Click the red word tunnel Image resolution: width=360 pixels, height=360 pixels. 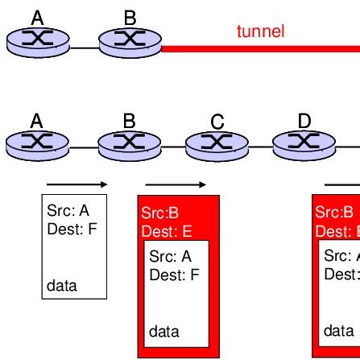click(260, 32)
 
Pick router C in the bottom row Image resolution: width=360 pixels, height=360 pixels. click(217, 145)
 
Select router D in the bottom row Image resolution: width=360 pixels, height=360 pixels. click(304, 144)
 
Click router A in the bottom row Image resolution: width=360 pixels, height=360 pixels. click(38, 144)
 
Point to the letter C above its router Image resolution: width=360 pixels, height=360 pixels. click(217, 122)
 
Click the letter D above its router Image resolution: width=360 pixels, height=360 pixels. click(304, 122)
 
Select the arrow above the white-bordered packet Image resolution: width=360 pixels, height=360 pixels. click(77, 184)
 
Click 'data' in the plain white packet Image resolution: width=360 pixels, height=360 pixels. click(62, 285)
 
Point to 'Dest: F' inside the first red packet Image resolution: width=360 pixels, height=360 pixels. click(173, 275)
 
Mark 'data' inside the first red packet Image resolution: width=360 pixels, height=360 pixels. click(165, 331)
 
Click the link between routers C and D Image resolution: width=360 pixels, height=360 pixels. click(260, 147)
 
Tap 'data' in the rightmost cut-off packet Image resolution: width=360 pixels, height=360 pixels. click(338, 331)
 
